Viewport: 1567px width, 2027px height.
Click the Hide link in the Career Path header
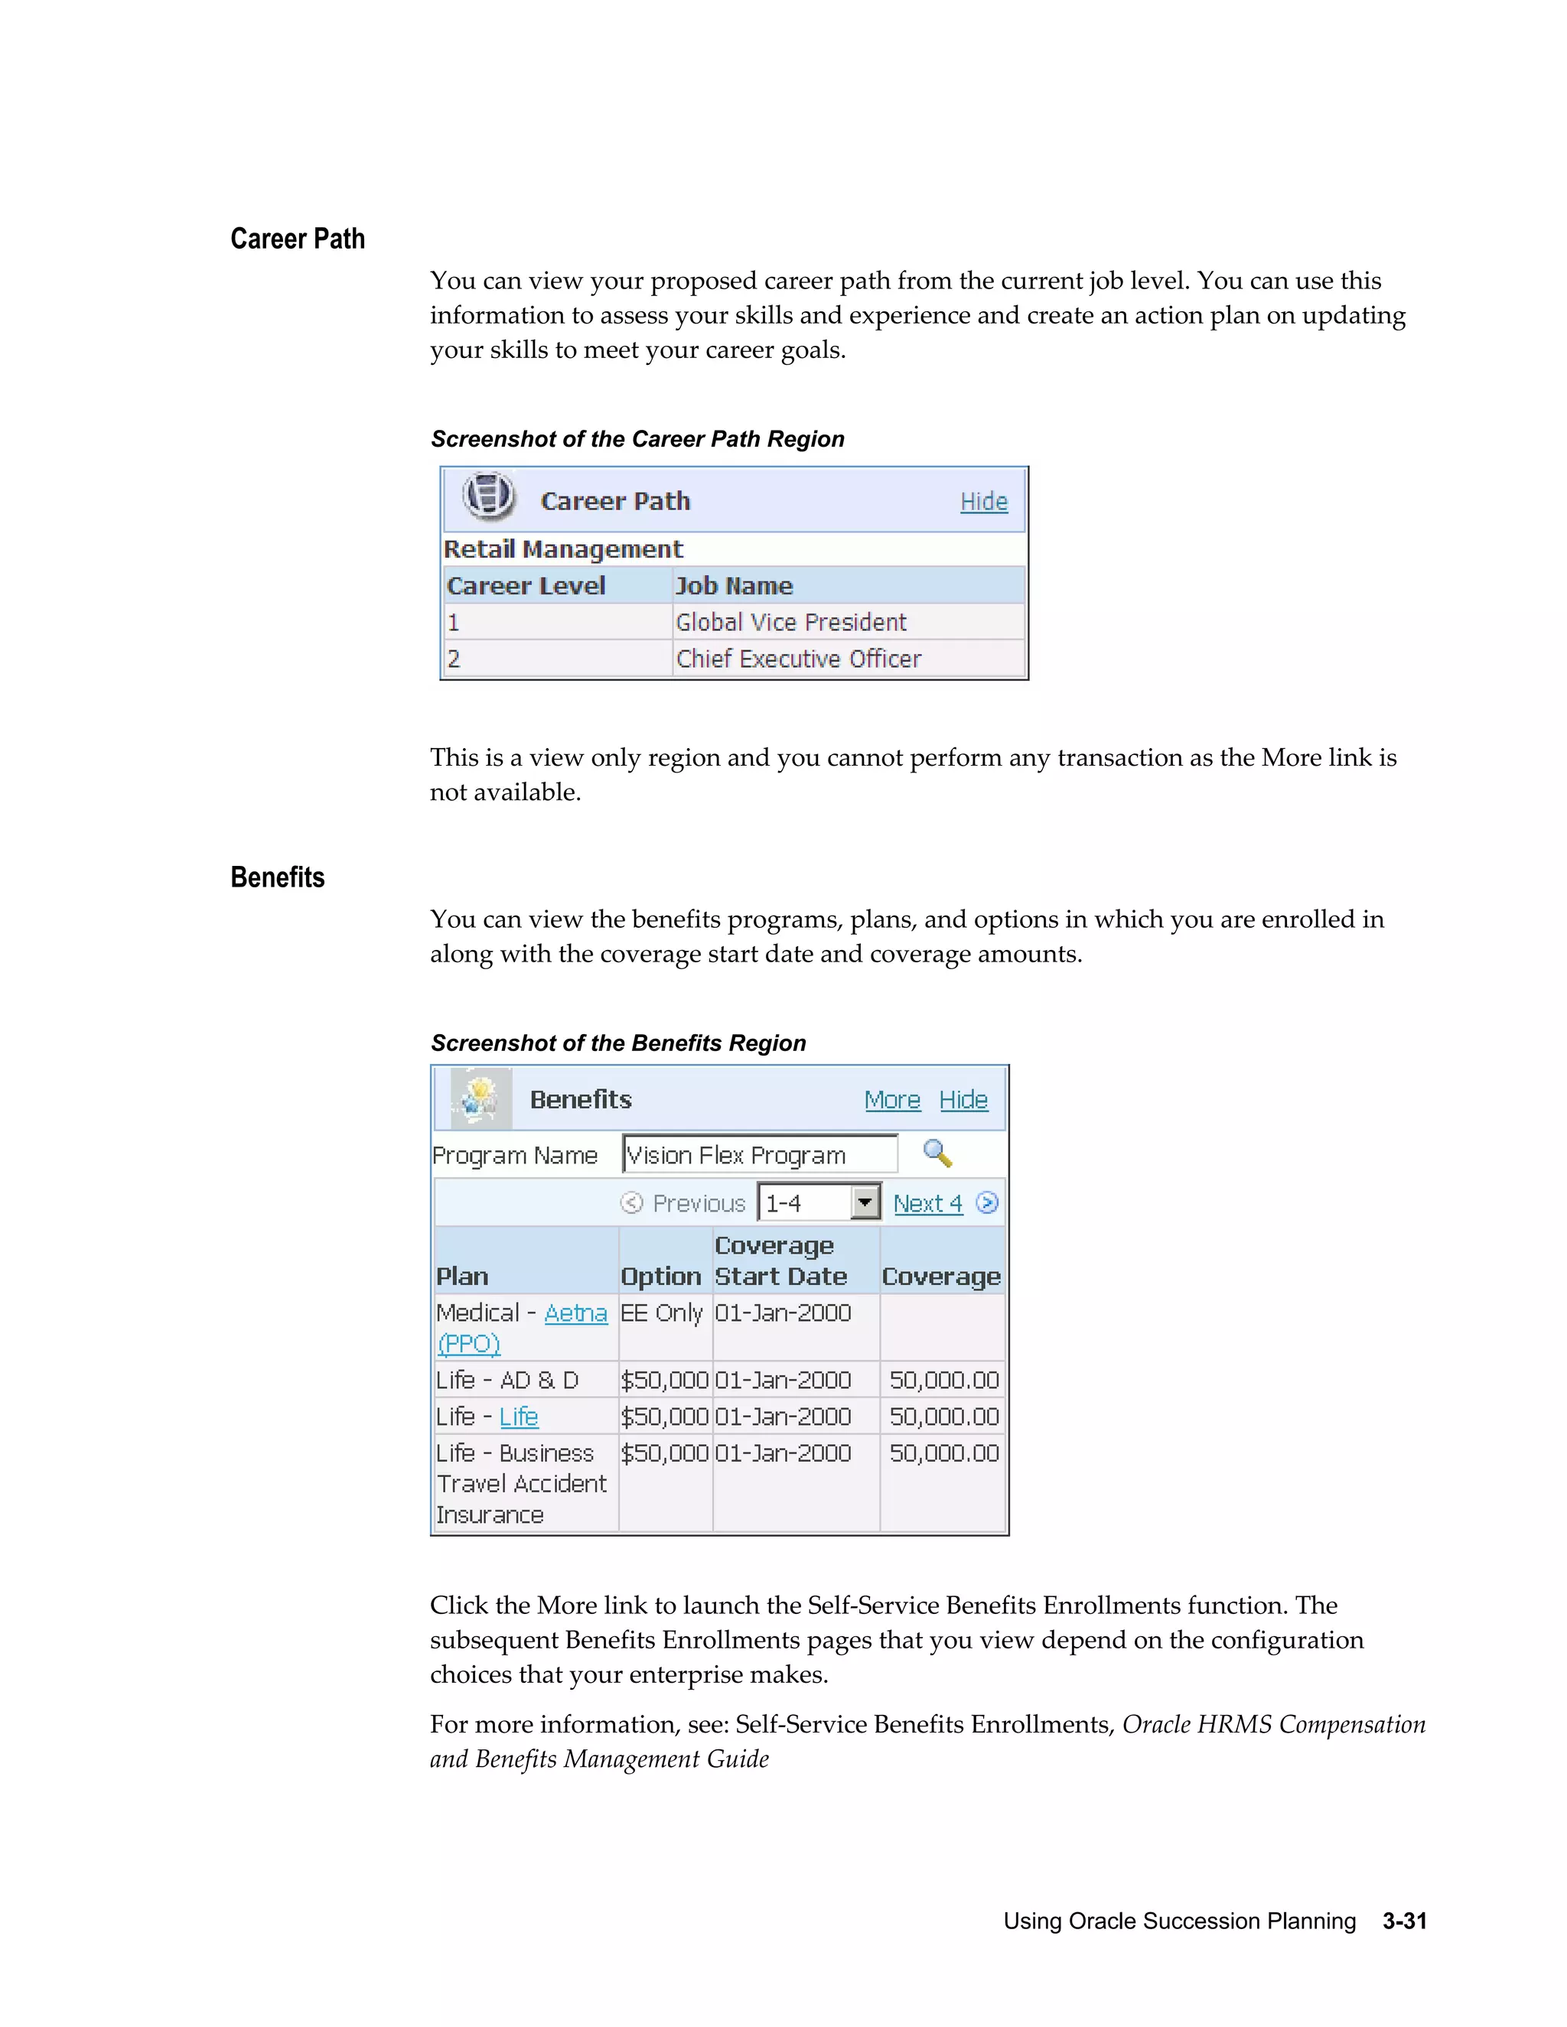point(983,501)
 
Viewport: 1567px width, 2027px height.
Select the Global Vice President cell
point(790,622)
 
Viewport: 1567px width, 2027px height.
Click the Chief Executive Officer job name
point(797,659)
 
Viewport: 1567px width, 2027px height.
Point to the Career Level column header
point(526,586)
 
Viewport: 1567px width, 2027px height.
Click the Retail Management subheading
point(562,549)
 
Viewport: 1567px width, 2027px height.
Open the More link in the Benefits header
point(891,1100)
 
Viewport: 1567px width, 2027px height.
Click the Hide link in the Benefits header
point(963,1100)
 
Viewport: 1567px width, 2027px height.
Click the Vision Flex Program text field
point(758,1154)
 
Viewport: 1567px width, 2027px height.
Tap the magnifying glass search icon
point(937,1153)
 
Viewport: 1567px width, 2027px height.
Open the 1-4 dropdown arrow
point(865,1203)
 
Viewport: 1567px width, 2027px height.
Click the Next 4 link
point(927,1204)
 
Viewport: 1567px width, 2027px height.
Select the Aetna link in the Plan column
point(575,1313)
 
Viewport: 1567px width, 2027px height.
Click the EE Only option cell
point(661,1313)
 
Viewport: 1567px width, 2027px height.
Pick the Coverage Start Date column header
point(780,1261)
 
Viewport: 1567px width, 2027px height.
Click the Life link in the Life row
point(518,1417)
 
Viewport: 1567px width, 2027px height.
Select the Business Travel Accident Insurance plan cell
point(521,1483)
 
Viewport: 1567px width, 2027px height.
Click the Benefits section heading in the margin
point(277,877)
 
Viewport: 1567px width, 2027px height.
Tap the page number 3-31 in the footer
point(1403,1920)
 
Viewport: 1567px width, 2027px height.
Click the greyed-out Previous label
point(698,1204)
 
